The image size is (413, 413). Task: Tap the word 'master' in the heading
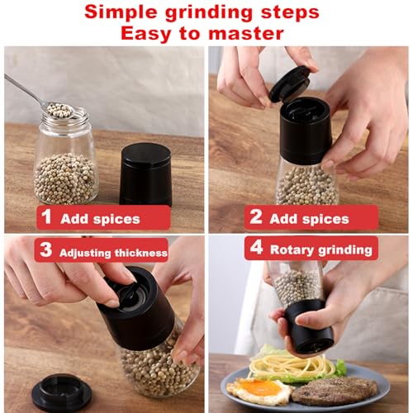point(244,34)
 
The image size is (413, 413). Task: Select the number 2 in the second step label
point(256,219)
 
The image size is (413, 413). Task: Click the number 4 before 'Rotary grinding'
point(256,248)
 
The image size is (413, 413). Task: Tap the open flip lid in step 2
point(289,83)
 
